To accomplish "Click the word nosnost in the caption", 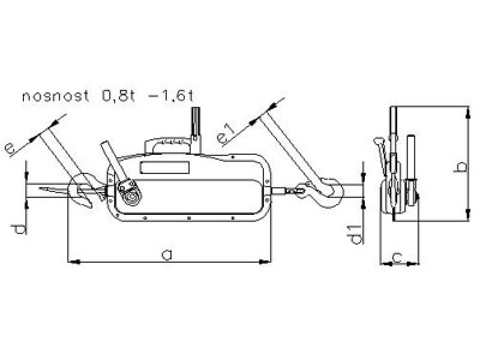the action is (x=55, y=97).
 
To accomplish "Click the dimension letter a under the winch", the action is (x=167, y=254).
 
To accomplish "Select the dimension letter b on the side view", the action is (x=460, y=167).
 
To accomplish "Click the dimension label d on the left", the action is (x=19, y=230).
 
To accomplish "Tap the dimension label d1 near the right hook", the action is (x=356, y=235).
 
